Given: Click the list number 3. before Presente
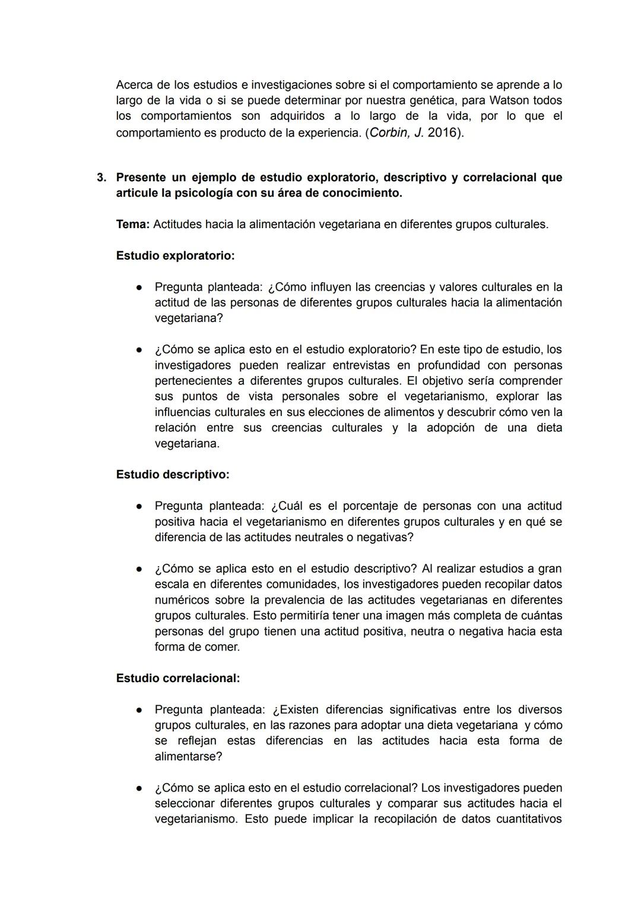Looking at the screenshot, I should pos(101,178).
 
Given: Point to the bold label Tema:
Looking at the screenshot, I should pos(132,225).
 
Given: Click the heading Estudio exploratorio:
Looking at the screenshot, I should pos(175,256).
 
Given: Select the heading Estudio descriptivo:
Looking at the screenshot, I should pos(173,475).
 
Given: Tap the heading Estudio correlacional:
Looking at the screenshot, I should pos(178,678).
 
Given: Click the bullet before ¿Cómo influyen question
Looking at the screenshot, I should pos(138,288).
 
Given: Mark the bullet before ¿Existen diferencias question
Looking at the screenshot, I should pos(138,710).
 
